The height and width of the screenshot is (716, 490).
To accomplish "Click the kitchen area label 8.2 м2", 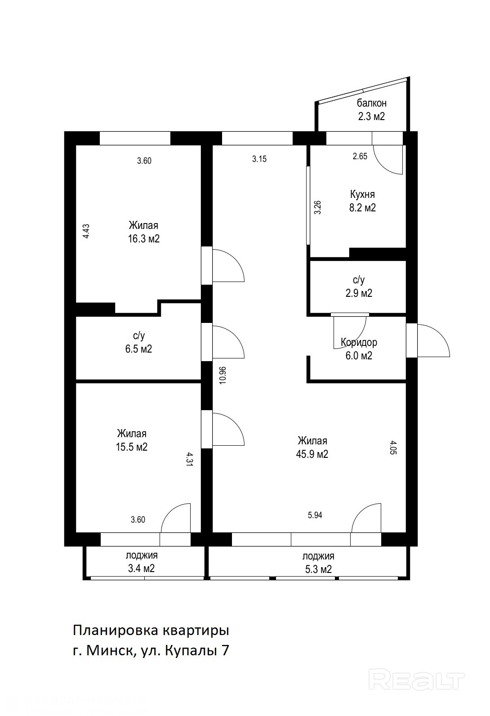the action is (x=362, y=208).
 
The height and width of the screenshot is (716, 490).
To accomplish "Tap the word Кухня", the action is (x=362, y=194).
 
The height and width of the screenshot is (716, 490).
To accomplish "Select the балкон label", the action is (x=371, y=103).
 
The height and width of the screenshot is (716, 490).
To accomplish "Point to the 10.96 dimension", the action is (x=223, y=375).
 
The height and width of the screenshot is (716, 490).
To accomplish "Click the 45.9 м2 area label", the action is (x=312, y=454).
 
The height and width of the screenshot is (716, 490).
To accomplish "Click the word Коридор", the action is (x=359, y=342).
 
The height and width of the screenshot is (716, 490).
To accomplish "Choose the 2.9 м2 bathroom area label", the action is (x=359, y=293).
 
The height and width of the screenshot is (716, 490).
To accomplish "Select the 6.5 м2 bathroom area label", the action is (x=138, y=349).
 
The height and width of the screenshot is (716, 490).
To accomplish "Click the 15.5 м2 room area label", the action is (x=132, y=447).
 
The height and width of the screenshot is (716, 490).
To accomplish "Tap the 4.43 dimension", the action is (x=86, y=231).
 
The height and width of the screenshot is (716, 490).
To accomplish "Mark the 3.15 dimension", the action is (x=259, y=159).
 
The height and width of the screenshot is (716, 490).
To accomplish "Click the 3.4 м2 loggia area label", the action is (x=142, y=568).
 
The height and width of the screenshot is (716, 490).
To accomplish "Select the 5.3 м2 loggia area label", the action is (x=318, y=569).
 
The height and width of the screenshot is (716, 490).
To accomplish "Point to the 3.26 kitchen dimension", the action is (x=317, y=207).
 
